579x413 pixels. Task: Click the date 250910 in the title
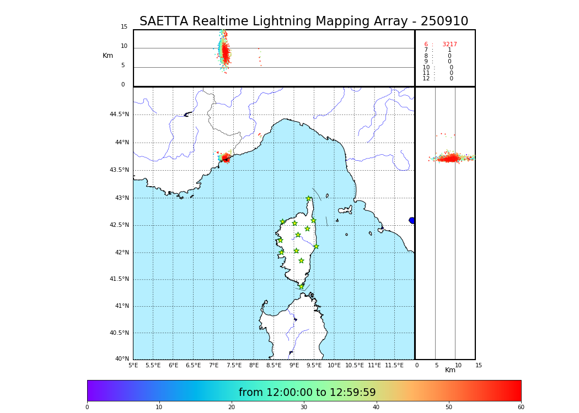pos(444,21)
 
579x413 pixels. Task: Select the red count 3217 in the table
pos(449,44)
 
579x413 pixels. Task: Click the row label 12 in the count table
pos(426,79)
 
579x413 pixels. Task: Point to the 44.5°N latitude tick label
pos(119,115)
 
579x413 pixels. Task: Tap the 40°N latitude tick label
pos(122,359)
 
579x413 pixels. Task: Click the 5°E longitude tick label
pos(133,365)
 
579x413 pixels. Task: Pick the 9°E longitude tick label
pos(294,365)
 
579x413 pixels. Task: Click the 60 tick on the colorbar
pos(521,407)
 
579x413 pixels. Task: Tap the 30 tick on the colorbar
pos(304,407)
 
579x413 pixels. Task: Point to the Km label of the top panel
pos(108,56)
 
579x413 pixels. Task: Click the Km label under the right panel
pos(450,370)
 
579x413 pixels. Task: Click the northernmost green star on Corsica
pos(309,199)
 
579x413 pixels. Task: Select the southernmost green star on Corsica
pos(301,286)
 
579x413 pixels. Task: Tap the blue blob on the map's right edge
pos(412,220)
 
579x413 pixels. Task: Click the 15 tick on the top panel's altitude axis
pos(124,27)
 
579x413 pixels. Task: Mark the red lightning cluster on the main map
pos(226,157)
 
